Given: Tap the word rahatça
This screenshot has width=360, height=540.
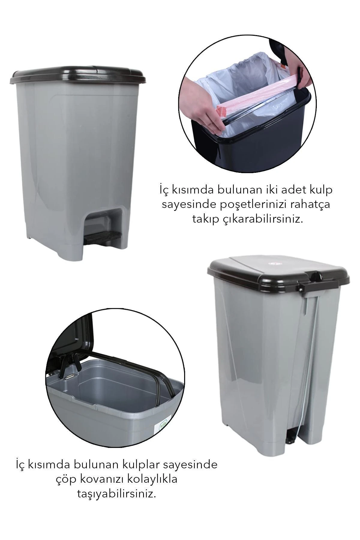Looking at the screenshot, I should pyautogui.click(x=313, y=204).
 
